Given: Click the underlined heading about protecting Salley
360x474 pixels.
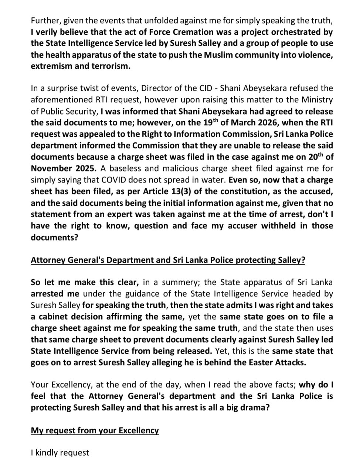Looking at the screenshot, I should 168,260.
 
